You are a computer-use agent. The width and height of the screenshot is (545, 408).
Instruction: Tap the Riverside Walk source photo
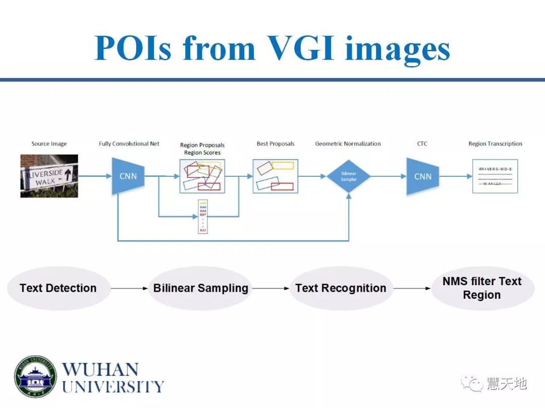pos(49,176)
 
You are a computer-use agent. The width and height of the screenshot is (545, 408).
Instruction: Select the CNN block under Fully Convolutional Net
pos(128,176)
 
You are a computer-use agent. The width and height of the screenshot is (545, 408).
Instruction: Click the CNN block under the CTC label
pos(423,176)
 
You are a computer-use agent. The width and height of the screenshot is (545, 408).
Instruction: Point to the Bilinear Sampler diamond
pos(348,176)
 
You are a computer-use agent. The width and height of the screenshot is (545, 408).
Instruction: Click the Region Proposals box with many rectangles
pos(202,176)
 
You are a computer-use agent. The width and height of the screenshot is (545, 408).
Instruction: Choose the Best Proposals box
pos(275,176)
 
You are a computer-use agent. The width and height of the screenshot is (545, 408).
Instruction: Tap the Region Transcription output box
pos(495,176)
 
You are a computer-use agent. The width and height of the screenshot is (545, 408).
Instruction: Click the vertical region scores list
pos(202,217)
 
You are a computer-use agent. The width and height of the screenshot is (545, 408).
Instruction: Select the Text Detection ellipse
pos(58,288)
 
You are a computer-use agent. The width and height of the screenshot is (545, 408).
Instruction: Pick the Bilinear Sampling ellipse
pos(201,288)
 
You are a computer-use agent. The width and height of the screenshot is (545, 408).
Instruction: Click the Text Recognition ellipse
pos(341,288)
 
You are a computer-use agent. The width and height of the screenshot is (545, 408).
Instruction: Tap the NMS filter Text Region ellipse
pos(482,288)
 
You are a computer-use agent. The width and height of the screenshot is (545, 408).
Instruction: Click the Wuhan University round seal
pos(35,377)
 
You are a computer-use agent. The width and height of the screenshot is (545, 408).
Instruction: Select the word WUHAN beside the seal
pos(100,369)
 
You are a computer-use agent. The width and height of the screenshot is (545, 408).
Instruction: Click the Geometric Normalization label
pos(348,144)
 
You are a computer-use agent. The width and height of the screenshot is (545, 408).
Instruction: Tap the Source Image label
pos(49,144)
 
